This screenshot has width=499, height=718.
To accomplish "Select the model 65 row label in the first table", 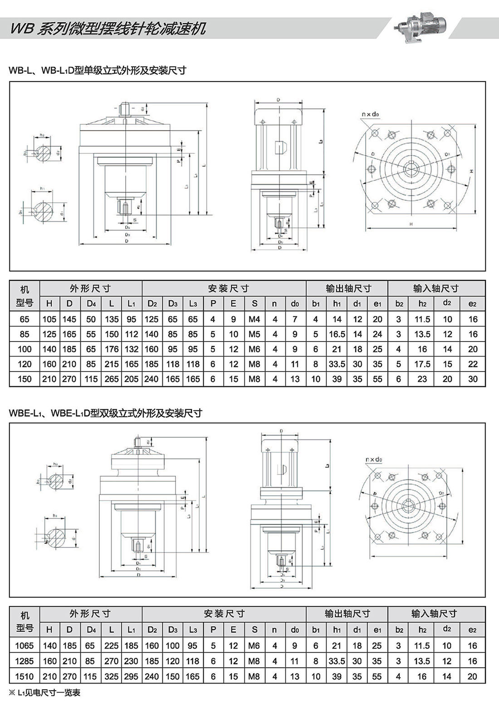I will (x=24, y=319).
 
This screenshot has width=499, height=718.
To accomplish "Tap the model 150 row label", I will (x=24, y=379).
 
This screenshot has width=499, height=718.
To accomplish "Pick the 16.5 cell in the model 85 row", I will (x=337, y=334).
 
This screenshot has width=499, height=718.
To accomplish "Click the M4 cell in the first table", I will (x=254, y=319).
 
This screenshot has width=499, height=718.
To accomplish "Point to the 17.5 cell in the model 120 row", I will (x=422, y=364).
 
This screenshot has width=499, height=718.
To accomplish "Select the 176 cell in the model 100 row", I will (x=111, y=349).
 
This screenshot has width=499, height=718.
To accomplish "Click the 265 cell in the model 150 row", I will (x=111, y=379).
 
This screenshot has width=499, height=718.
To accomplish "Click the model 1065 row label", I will (x=24, y=646).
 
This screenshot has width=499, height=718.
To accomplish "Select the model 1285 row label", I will (x=24, y=661).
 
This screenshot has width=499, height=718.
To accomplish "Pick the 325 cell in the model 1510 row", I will (x=111, y=677).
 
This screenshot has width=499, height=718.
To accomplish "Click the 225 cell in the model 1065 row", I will (x=111, y=646).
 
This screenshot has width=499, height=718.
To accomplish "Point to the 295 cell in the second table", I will (x=131, y=677).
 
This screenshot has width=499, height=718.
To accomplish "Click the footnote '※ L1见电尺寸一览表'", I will (x=44, y=693).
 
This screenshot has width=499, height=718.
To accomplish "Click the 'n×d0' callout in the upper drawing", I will (x=370, y=114).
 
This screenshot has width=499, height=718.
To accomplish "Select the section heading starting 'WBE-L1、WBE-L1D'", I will (x=105, y=413).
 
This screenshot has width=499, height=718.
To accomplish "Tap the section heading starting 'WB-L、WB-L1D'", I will (x=98, y=70).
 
